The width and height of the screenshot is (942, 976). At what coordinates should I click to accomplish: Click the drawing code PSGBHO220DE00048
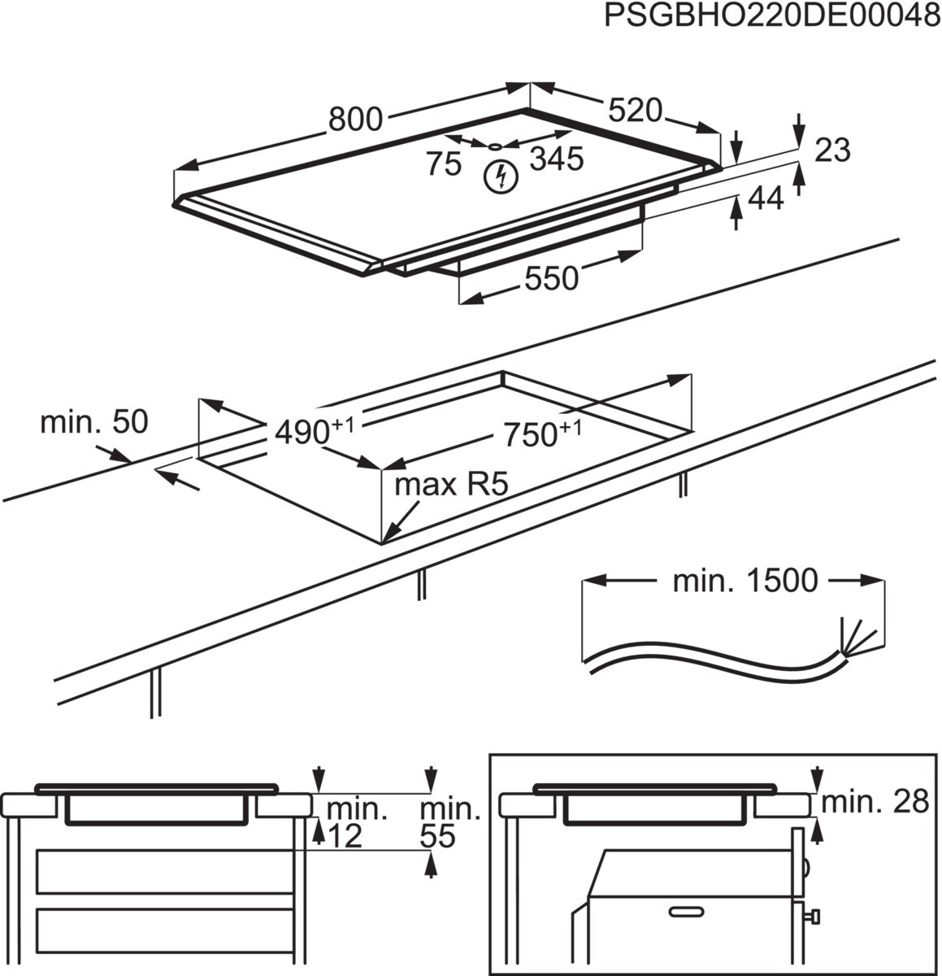click(x=771, y=17)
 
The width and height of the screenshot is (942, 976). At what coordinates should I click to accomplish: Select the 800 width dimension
click(x=355, y=120)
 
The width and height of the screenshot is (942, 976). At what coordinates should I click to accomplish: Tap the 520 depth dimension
click(x=635, y=110)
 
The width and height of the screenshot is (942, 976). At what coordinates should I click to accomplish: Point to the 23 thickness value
click(x=831, y=150)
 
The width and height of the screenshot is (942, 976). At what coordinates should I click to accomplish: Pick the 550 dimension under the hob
click(x=551, y=279)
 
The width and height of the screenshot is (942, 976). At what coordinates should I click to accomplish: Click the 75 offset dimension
click(x=444, y=163)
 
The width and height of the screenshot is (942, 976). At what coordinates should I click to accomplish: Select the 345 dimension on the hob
click(x=557, y=159)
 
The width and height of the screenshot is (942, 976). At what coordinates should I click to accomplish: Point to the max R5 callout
click(x=451, y=486)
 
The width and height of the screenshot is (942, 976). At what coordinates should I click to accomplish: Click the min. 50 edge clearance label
click(x=94, y=422)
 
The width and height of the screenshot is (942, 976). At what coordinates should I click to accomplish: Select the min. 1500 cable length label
click(x=744, y=581)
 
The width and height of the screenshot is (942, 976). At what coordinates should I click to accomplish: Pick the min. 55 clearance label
click(x=449, y=821)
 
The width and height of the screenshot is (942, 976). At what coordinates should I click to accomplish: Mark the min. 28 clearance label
click(x=875, y=802)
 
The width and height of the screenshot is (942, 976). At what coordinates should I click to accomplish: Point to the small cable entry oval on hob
click(x=494, y=147)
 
